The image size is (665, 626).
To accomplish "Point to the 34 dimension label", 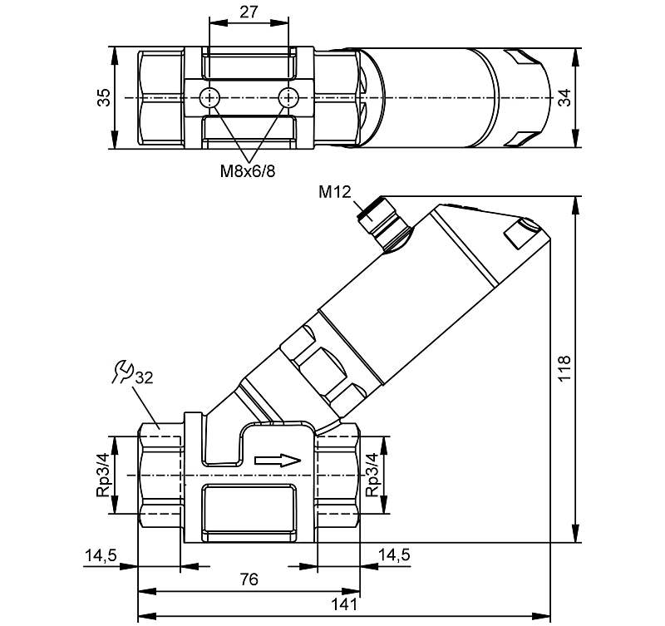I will click(x=564, y=98).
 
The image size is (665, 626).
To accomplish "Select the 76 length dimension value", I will click(x=248, y=579).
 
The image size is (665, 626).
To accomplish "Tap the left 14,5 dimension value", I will click(x=100, y=555).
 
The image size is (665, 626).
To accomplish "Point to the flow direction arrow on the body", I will click(x=277, y=459).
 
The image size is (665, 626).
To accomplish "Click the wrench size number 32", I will click(x=143, y=377).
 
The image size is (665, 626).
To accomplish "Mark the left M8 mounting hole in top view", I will click(x=209, y=97).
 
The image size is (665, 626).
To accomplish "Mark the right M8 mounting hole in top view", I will click(x=288, y=97).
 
